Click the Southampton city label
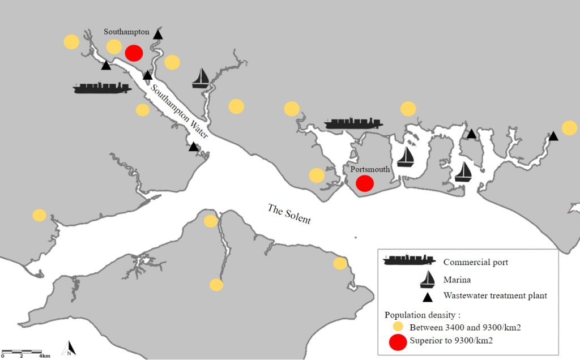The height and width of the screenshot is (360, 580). pos(126,32)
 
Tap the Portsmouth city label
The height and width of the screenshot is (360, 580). pos(370,169)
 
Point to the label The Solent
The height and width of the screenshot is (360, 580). pos(289,213)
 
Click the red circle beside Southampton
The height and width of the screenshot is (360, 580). pos(134,53)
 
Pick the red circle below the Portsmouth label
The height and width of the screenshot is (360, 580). pos(365,183)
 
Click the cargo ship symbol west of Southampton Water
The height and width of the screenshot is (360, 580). pos(102,88)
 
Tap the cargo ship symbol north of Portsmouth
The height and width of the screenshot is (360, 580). pos(353,123)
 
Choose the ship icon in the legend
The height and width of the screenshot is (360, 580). pos(410,260)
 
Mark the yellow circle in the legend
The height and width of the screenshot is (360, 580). pos(398,327)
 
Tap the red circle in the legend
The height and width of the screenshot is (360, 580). pos(398,342)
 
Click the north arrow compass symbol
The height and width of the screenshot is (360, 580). pos(70,348)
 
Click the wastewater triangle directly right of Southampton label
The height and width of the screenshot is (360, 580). pos(158,34)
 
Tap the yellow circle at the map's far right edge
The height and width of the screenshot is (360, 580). pos(569,128)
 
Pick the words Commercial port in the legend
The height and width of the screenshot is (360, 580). pos(475,262)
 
